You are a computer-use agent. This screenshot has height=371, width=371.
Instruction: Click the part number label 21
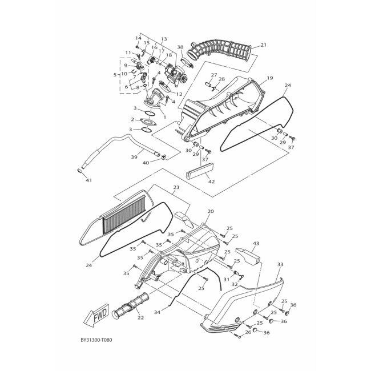coord(263,45)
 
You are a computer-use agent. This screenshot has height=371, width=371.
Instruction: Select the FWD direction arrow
coord(96,315)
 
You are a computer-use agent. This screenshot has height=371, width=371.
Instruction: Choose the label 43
coord(256,243)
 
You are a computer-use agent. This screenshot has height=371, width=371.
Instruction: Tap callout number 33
coord(280,264)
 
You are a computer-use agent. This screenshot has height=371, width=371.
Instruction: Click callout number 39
coord(134,157)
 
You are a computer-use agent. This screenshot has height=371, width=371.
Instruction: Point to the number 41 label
coord(88,180)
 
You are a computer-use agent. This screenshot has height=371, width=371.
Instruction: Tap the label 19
coord(269,78)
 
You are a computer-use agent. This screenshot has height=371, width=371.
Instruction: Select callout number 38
coord(180,47)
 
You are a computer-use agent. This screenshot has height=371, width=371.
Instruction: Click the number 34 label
coord(156,312)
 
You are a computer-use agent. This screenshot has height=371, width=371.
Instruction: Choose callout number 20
coord(210,211)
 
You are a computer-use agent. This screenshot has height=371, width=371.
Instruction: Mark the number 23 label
coord(176,187)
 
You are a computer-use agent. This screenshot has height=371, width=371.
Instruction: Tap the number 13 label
coord(164,39)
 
